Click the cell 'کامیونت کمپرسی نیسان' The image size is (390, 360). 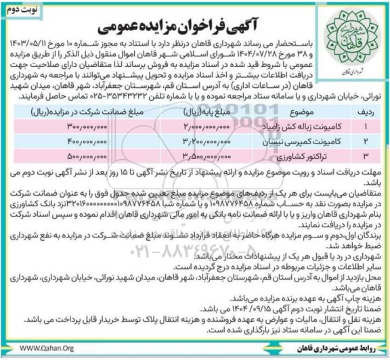pos(284,141)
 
